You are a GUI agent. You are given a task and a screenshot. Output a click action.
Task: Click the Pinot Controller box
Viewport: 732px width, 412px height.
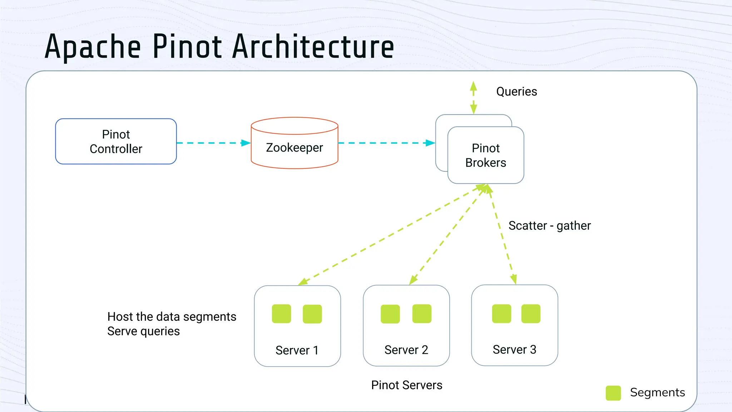pyautogui.click(x=116, y=142)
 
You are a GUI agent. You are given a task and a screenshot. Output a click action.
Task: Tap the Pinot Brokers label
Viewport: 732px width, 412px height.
pyautogui.click(x=485, y=155)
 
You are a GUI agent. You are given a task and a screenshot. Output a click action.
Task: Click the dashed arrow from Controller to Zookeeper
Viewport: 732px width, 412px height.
pyautogui.click(x=213, y=143)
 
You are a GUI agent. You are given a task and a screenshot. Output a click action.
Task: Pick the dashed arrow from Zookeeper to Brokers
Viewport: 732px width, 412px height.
pyautogui.click(x=386, y=143)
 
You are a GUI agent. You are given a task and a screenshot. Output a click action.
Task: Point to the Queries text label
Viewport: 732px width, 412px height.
pyautogui.click(x=516, y=92)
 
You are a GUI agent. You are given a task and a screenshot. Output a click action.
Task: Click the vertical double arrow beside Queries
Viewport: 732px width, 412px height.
pyautogui.click(x=473, y=97)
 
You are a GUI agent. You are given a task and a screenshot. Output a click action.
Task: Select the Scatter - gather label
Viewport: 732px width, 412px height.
pyautogui.click(x=549, y=226)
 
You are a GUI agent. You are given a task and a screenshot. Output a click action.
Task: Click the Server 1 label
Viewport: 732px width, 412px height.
pyautogui.click(x=297, y=350)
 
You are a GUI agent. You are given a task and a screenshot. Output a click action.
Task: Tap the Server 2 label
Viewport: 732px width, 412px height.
pyautogui.click(x=406, y=350)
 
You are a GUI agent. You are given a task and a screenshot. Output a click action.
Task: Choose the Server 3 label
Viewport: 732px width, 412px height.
pyautogui.click(x=514, y=349)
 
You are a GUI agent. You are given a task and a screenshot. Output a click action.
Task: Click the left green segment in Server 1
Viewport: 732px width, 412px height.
pyautogui.click(x=281, y=314)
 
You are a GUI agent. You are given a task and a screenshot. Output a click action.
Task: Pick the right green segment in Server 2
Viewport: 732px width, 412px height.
pyautogui.click(x=422, y=314)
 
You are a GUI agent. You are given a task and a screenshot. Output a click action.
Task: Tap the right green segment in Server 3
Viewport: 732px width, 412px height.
pyautogui.click(x=530, y=314)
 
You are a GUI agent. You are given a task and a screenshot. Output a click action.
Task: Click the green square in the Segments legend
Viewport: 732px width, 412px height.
pyautogui.click(x=613, y=393)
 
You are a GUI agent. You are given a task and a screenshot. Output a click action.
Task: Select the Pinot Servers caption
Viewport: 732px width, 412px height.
pyautogui.click(x=406, y=385)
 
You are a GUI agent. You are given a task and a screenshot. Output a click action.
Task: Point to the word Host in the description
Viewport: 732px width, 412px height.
pyautogui.click(x=120, y=317)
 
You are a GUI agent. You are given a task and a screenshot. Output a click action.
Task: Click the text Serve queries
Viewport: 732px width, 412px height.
pyautogui.click(x=143, y=331)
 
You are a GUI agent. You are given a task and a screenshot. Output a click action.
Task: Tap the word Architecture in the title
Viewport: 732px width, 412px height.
pyautogui.click(x=313, y=46)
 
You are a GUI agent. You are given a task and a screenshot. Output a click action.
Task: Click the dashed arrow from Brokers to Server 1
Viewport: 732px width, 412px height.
pyautogui.click(x=390, y=235)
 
